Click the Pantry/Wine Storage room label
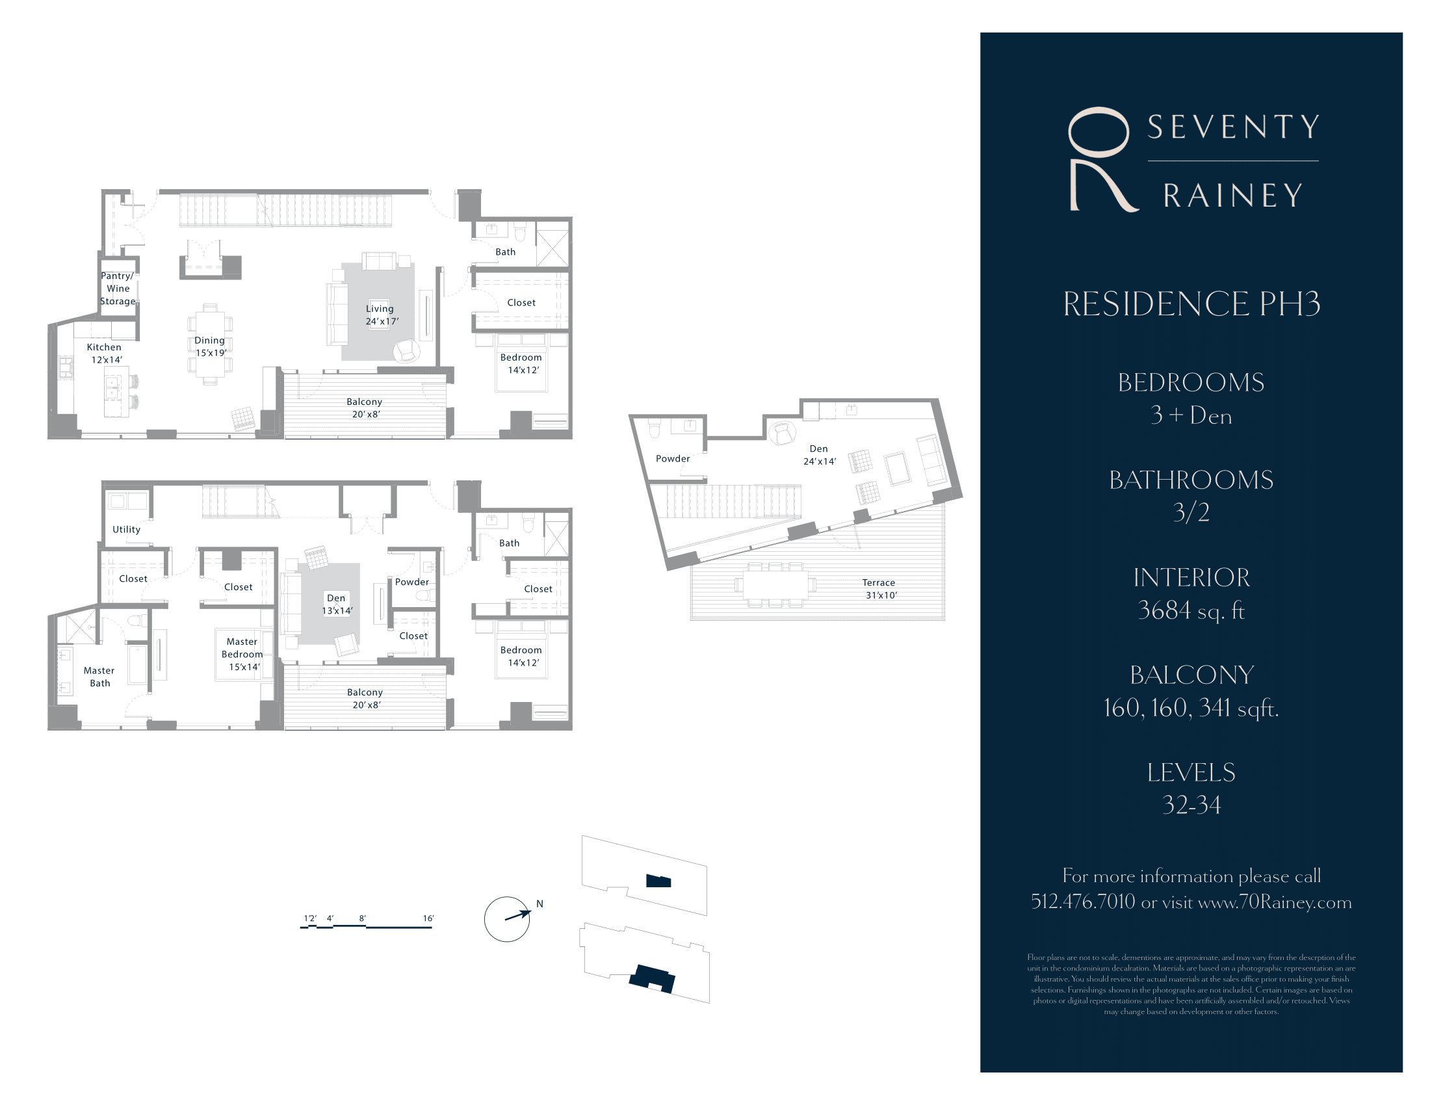(118, 289)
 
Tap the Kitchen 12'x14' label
(105, 354)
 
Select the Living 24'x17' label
(380, 315)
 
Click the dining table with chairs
(210, 344)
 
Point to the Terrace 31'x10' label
(879, 588)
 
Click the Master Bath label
(99, 677)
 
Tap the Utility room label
(126, 530)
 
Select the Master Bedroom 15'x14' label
(242, 654)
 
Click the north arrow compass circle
(507, 919)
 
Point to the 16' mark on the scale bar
(428, 918)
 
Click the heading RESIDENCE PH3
(1191, 304)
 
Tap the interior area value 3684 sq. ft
(1191, 610)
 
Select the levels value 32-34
(1191, 805)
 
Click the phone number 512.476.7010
(1083, 902)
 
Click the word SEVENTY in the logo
(1234, 127)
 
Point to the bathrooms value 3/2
(1191, 513)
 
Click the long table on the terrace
(776, 584)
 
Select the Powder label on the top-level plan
(673, 459)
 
